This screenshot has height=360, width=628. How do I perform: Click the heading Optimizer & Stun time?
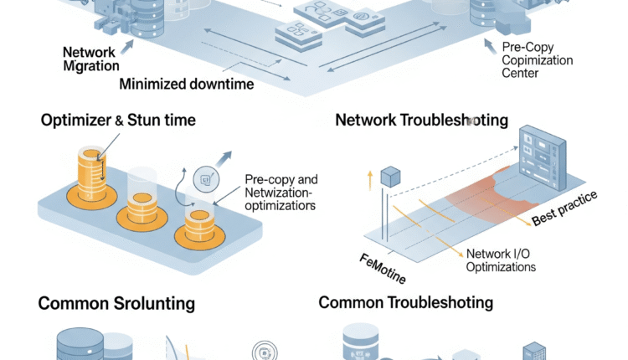point(118,121)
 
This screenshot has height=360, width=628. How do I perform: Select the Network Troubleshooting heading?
point(421,120)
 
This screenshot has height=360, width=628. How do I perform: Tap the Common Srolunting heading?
point(116,303)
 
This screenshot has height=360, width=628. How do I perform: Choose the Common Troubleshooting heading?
point(406,302)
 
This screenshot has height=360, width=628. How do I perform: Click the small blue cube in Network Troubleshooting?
point(391,177)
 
